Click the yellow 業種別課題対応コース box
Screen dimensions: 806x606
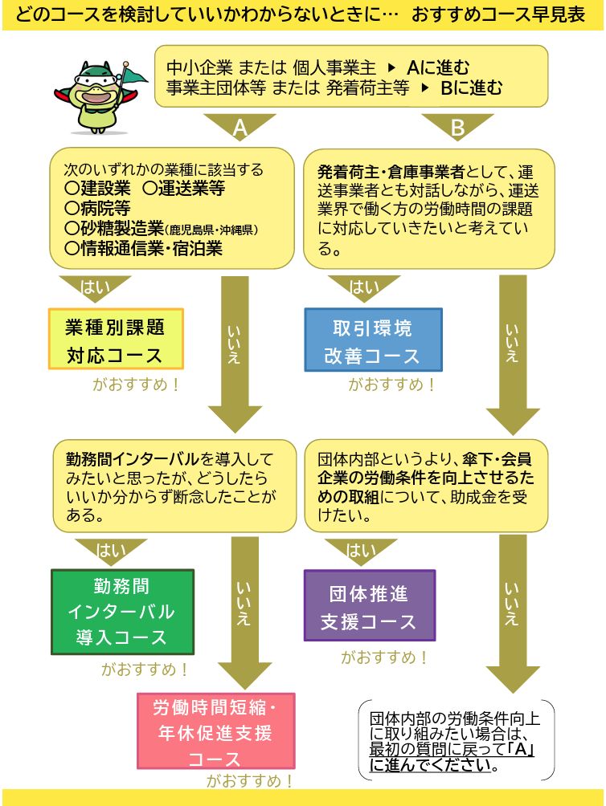click(x=117, y=339)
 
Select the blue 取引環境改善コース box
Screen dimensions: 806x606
click(x=373, y=339)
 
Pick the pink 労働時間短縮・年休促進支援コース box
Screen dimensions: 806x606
click(x=215, y=731)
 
